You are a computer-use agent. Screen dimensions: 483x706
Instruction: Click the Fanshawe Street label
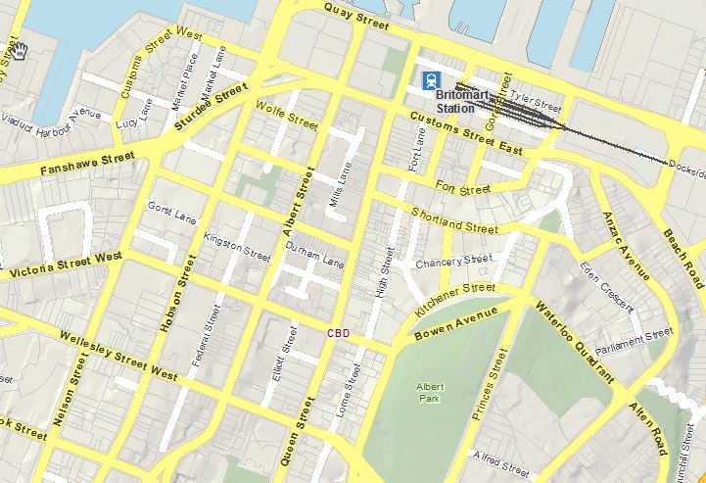point(87,164)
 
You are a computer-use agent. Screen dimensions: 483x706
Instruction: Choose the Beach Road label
point(682,252)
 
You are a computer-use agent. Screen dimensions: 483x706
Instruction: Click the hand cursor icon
point(20,50)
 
